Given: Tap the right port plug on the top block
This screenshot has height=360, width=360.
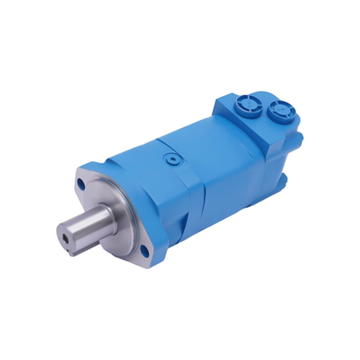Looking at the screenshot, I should (280, 109).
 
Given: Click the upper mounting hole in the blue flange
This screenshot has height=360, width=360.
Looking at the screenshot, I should (81, 183).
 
